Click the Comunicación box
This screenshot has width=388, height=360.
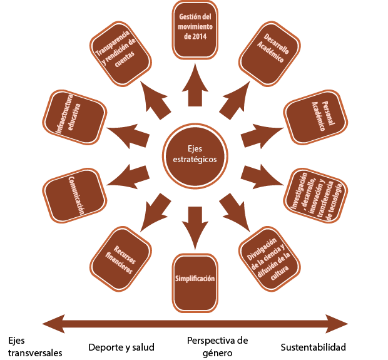click(74, 195)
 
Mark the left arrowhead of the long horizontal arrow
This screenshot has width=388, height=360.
click(50, 324)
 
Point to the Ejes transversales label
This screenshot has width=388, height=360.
click(35, 346)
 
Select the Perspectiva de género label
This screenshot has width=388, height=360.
click(217, 346)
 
